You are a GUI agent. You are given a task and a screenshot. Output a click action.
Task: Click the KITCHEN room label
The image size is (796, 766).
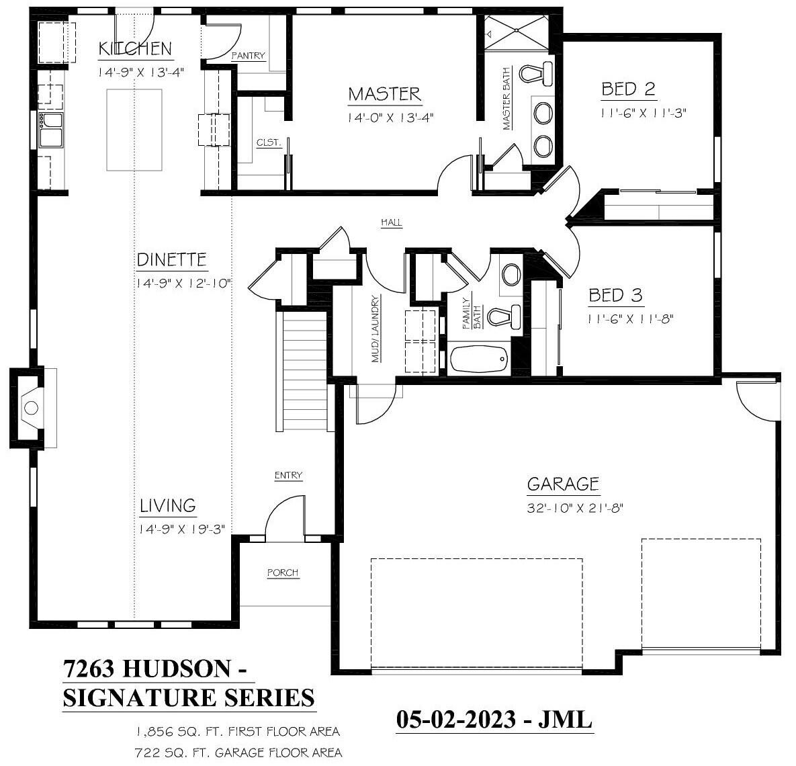point(135,49)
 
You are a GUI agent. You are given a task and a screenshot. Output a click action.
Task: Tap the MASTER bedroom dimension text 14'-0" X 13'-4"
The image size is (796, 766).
point(390,118)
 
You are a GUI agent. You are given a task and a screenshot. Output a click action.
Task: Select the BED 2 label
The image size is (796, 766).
point(628,89)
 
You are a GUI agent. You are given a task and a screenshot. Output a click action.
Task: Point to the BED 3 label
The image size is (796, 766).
point(615,295)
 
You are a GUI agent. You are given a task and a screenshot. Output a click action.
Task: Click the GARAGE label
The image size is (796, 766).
point(563,484)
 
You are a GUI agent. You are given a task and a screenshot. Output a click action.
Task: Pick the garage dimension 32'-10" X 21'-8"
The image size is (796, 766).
point(576,508)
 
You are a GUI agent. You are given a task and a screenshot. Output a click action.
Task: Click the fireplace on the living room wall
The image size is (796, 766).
point(30,407)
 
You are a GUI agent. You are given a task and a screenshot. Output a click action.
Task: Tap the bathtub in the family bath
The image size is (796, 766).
point(479,359)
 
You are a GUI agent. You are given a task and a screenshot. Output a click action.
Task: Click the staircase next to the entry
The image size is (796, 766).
point(304,372)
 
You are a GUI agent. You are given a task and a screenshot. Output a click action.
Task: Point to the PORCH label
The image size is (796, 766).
point(283,572)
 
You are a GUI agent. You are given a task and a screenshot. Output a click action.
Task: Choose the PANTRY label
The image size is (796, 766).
point(248,56)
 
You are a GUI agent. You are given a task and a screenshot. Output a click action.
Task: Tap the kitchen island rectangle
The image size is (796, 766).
point(134,130)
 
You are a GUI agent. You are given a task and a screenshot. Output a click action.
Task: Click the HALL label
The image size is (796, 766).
point(392,222)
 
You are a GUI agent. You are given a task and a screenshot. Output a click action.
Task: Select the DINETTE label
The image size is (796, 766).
point(172,260)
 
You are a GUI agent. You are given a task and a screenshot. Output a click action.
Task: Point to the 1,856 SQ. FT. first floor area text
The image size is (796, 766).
point(238,731)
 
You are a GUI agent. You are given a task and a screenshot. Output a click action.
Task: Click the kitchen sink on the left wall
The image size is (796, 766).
point(51,129)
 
